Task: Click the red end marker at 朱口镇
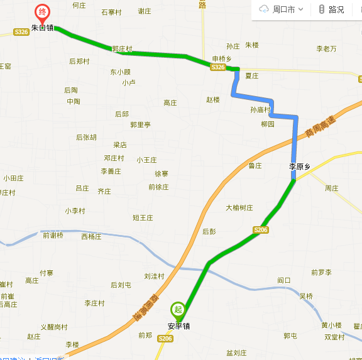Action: (42, 13)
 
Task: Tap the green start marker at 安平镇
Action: (178, 309)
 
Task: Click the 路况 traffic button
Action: (331, 9)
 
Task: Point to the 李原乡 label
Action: (300, 166)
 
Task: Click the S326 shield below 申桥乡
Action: (217, 67)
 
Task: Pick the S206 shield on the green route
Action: (261, 230)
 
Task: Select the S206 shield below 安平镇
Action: (165, 339)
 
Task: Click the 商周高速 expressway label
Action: (317, 125)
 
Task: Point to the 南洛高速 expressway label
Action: (145, 308)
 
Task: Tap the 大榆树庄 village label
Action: (239, 207)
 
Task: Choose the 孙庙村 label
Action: (260, 109)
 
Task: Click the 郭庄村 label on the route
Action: (122, 48)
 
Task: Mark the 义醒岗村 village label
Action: (53, 327)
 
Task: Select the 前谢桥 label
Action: (53, 236)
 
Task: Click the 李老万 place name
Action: (326, 48)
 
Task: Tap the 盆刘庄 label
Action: (236, 353)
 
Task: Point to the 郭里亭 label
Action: (140, 124)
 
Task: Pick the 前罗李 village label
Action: (321, 272)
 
